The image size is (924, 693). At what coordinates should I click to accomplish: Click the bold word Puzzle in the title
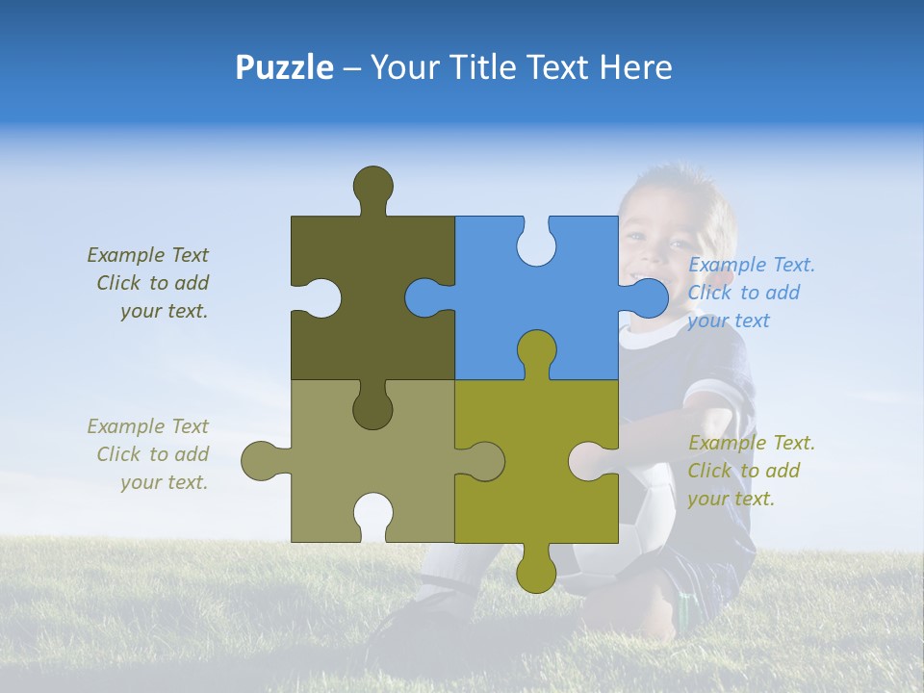(x=284, y=67)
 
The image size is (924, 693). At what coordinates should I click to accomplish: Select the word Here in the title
(x=635, y=67)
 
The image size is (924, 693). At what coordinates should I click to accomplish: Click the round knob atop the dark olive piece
(x=372, y=186)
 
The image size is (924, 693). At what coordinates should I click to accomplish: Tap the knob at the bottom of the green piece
(x=536, y=573)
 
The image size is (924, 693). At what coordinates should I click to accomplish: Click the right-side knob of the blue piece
(x=650, y=297)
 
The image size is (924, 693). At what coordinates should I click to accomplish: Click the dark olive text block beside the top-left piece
(x=150, y=283)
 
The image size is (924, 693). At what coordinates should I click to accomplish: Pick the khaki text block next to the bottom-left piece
(x=150, y=454)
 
